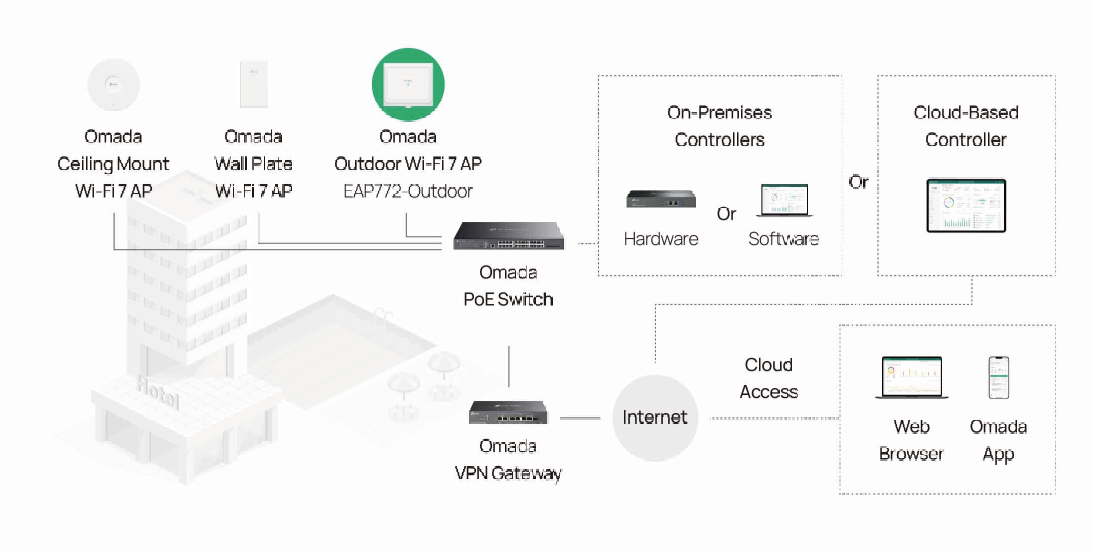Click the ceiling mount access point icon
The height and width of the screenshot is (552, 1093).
pyautogui.click(x=113, y=84)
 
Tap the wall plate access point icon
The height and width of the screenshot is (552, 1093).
pyautogui.click(x=254, y=84)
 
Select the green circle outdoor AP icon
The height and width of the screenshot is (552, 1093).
pyautogui.click(x=408, y=84)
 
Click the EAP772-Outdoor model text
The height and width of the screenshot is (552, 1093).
pyautogui.click(x=408, y=191)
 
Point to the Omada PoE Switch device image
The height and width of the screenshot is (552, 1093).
pyautogui.click(x=509, y=236)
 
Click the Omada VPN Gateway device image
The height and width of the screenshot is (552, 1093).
pyautogui.click(x=508, y=413)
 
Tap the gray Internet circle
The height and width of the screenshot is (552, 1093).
pyautogui.click(x=654, y=418)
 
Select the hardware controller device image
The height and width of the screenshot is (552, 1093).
pyautogui.click(x=661, y=199)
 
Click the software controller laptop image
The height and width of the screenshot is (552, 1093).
pyautogui.click(x=784, y=200)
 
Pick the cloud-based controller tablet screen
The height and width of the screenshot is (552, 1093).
pyautogui.click(x=966, y=205)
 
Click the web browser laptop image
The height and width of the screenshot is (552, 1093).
pyautogui.click(x=912, y=377)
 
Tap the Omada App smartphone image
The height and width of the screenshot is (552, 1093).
pyautogui.click(x=999, y=378)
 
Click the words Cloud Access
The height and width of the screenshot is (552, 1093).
pyautogui.click(x=769, y=378)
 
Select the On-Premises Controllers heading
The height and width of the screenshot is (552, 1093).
pyautogui.click(x=720, y=126)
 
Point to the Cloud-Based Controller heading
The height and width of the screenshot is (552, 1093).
pyautogui.click(x=966, y=126)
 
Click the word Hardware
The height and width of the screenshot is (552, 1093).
pyautogui.click(x=661, y=239)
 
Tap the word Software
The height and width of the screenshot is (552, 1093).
pyautogui.click(x=784, y=239)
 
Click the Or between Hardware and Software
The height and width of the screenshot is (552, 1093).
pyautogui.click(x=726, y=214)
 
